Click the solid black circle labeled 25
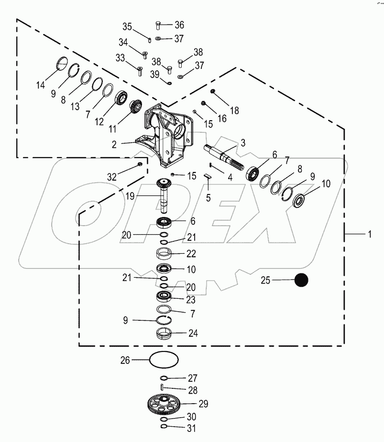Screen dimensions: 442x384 click(x=301, y=280)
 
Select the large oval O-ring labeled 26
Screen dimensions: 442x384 click(x=164, y=359)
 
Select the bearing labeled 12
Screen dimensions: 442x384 click(x=121, y=98)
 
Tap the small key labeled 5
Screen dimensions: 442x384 click(x=208, y=176)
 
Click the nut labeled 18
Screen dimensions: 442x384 click(x=213, y=91)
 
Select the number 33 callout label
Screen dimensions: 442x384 click(x=120, y=58)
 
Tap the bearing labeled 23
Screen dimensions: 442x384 click(x=164, y=297)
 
